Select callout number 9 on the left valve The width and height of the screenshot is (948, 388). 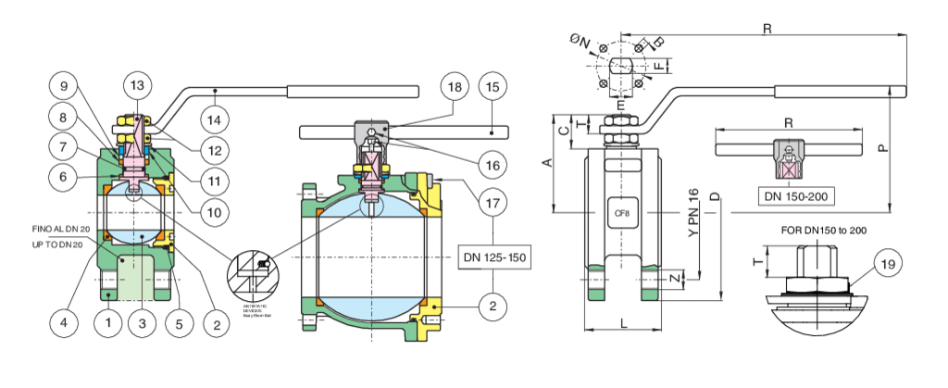64,88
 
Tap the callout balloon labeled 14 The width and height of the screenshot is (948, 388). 215,119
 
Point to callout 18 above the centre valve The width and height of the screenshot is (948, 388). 455,86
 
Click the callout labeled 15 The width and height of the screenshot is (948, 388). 493,86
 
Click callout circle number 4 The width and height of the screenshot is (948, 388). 64,323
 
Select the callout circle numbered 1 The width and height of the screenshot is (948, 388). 109,323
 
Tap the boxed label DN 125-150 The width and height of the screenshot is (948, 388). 494,255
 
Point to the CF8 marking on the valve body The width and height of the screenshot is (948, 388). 622,213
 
